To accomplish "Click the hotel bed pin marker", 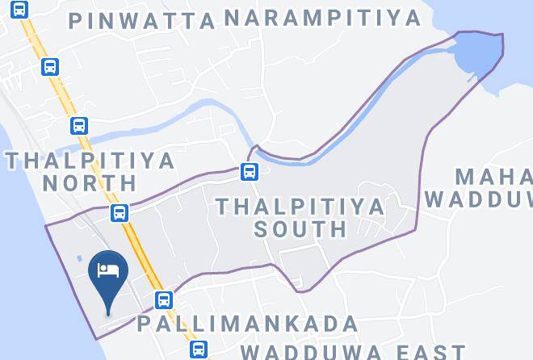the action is click(108, 271).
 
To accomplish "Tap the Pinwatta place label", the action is click(142, 20).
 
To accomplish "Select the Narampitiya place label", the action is click(322, 17).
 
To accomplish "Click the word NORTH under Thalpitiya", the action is click(90, 182).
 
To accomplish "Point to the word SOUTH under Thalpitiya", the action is click(300, 228).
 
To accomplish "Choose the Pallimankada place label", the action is click(247, 324).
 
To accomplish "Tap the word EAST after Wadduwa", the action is click(426, 352).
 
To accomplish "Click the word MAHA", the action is click(493, 176).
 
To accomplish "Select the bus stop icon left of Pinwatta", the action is click(20, 10).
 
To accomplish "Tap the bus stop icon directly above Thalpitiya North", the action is click(78, 125).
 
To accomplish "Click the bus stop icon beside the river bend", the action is click(249, 171).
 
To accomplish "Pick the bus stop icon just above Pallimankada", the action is click(164, 300).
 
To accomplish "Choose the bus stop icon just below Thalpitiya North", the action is click(120, 212).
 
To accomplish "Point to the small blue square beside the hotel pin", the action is click(81, 259).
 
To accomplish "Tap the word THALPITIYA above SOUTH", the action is click(300, 206).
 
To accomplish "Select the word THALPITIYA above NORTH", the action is click(90, 160).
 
